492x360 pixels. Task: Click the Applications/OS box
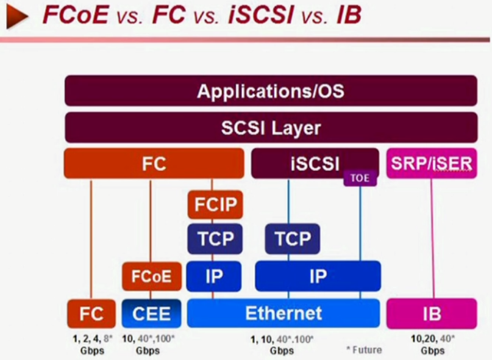click(271, 92)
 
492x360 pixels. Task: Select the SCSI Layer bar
click(271, 128)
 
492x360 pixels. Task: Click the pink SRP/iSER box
click(431, 164)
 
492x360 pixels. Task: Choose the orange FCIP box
click(215, 204)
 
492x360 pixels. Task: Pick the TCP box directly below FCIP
click(215, 239)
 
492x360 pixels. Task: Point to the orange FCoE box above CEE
click(151, 276)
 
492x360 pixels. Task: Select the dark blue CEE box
click(151, 314)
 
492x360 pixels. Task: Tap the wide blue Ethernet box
click(283, 314)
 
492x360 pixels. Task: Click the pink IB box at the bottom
click(431, 314)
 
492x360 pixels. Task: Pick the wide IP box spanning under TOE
click(318, 276)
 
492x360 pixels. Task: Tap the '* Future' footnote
click(363, 350)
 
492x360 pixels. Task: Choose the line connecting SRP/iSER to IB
click(432, 238)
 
